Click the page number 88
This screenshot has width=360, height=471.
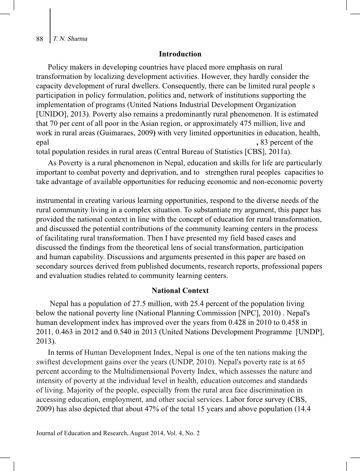pyautogui.click(x=40, y=39)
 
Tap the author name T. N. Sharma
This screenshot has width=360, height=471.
pyautogui.click(x=70, y=39)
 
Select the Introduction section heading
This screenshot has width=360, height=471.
pyautogui.click(x=180, y=54)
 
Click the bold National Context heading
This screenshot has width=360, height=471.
pyautogui.click(x=180, y=291)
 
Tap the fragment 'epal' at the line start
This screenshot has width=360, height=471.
pyautogui.click(x=43, y=143)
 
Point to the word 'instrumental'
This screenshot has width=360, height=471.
pyautogui.click(x=55, y=200)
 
